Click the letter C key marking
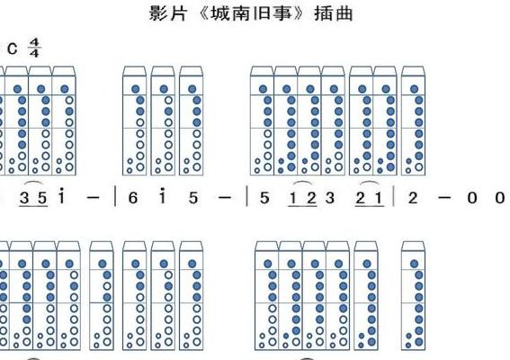point(13,49)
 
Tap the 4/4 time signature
point(34,48)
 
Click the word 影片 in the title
point(168,13)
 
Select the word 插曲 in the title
point(334,13)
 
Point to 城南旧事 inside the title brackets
point(251,13)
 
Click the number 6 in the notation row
point(133,198)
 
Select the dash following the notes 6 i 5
point(225,197)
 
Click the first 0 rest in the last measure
point(472,198)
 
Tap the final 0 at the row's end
point(500,198)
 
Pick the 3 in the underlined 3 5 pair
point(24,198)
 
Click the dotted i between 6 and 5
point(162,196)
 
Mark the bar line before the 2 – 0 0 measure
point(394,196)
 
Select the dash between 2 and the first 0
point(444,197)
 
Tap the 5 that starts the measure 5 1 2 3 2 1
point(264,198)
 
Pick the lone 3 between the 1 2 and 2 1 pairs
point(330,198)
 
